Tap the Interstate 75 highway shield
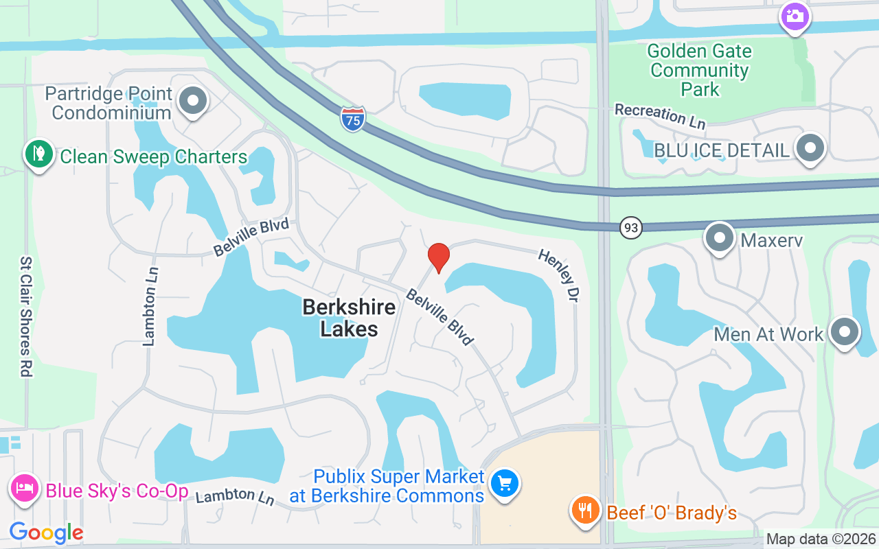(352, 119)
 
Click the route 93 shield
(630, 227)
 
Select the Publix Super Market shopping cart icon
(505, 484)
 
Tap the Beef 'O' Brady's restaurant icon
(585, 511)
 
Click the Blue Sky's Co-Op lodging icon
(23, 489)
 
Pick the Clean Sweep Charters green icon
(39, 154)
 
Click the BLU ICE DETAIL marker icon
(811, 148)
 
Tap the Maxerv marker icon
(720, 238)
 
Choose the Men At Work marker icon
(845, 332)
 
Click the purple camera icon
(795, 15)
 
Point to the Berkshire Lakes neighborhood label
(349, 318)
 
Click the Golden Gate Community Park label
(700, 70)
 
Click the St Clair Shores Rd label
(26, 317)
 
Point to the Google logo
(46, 532)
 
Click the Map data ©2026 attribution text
(821, 539)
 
